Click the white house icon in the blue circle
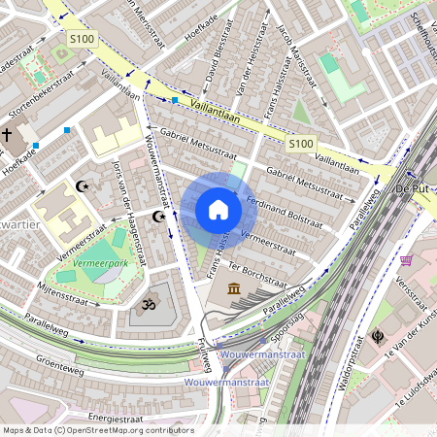click(218, 210)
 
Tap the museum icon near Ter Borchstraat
click(236, 289)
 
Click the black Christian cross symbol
click(8, 135)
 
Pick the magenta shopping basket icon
click(406, 259)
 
